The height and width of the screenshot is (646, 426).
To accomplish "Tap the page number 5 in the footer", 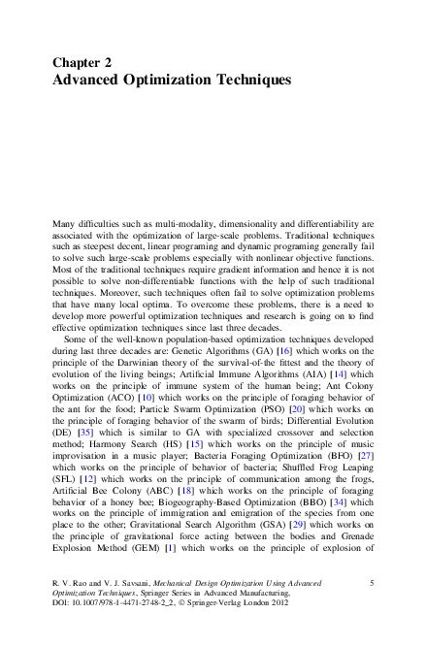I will coord(373,581).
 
